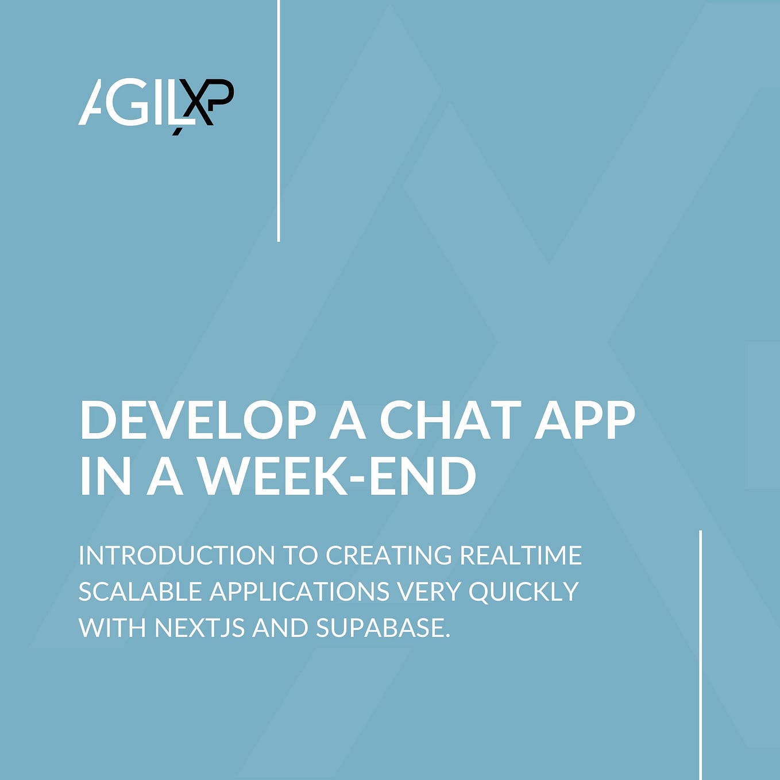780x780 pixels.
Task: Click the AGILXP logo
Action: point(156,103)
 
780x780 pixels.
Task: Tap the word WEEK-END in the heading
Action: point(337,476)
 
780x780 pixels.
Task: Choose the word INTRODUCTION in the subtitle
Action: point(177,555)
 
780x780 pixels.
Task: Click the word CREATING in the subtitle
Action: point(389,555)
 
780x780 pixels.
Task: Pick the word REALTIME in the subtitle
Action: point(521,555)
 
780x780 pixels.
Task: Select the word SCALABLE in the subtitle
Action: point(140,592)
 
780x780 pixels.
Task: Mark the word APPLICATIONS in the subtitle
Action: point(295,592)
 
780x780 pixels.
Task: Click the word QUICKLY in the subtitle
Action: point(523,592)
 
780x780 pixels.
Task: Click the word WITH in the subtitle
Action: point(113,628)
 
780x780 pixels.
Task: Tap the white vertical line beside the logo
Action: point(279,121)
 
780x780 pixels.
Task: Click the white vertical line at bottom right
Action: point(701,655)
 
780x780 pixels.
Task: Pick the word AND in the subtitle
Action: point(280,628)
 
